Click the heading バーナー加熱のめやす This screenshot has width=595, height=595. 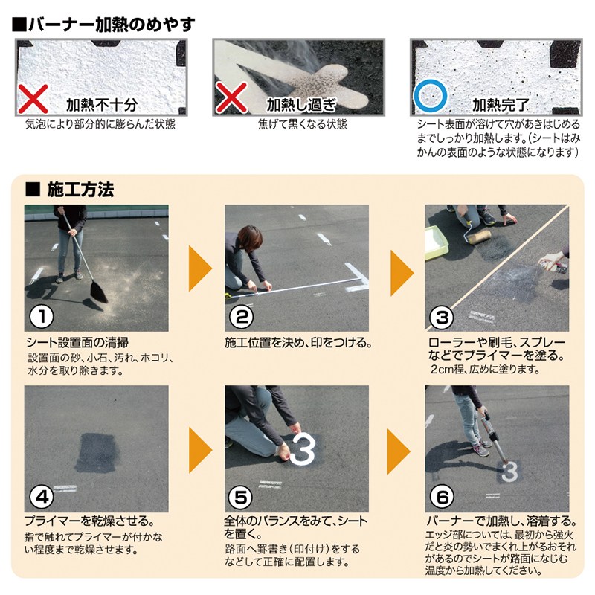(x=103, y=25)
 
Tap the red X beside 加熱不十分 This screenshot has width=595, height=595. (x=33, y=99)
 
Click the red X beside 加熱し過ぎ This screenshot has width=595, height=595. (x=231, y=99)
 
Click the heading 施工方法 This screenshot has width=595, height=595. (x=70, y=190)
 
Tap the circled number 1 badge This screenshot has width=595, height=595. (x=42, y=317)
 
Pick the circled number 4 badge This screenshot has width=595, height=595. (x=42, y=497)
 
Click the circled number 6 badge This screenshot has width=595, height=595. (x=442, y=497)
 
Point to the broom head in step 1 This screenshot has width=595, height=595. (x=99, y=293)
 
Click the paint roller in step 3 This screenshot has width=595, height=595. (x=478, y=237)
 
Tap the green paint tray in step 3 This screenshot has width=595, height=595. (x=437, y=243)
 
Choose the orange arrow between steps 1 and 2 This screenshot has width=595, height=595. (x=200, y=268)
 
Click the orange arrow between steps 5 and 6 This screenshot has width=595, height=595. (x=399, y=451)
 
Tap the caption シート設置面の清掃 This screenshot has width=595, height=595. (x=77, y=343)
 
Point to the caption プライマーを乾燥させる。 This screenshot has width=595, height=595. (x=89, y=521)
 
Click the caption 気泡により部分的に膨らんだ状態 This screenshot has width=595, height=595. (x=100, y=124)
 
